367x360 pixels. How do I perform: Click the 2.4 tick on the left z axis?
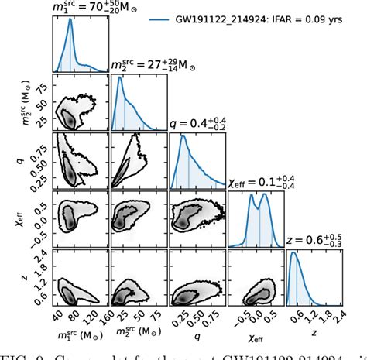(39, 253)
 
